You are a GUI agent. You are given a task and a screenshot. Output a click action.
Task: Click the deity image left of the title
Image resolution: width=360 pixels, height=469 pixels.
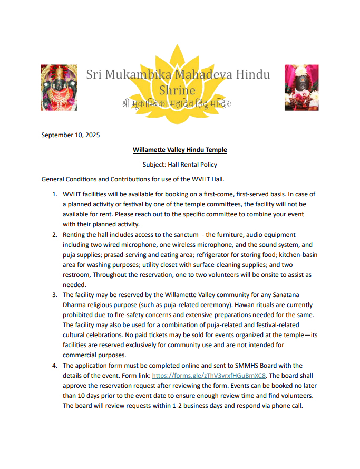click(58, 87)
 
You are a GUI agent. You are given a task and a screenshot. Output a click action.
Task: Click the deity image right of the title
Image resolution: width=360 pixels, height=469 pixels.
click(301, 87)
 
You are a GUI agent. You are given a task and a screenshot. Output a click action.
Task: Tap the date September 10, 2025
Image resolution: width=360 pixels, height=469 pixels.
click(71, 135)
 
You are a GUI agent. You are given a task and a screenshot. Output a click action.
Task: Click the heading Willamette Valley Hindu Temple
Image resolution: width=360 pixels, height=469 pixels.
click(180, 150)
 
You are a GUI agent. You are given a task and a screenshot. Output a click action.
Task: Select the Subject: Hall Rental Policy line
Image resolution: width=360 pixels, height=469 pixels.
click(180, 165)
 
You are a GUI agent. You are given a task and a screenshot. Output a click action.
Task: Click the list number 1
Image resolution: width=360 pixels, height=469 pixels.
click(55, 194)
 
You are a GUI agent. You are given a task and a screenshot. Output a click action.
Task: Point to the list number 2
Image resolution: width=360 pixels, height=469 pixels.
click(55, 234)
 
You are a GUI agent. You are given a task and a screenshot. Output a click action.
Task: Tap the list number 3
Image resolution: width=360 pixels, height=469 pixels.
click(55, 295)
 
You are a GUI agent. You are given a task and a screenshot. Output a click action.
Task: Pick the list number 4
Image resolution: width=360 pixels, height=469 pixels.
click(55, 365)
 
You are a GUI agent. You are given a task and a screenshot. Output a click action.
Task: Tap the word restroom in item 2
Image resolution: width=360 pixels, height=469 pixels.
click(76, 275)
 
